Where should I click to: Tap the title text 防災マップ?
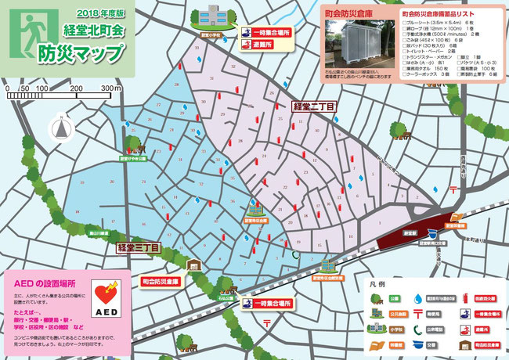[81, 53]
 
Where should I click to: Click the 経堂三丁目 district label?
[139, 248]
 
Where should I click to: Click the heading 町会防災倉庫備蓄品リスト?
[446, 14]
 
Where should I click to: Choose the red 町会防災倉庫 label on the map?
[161, 280]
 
